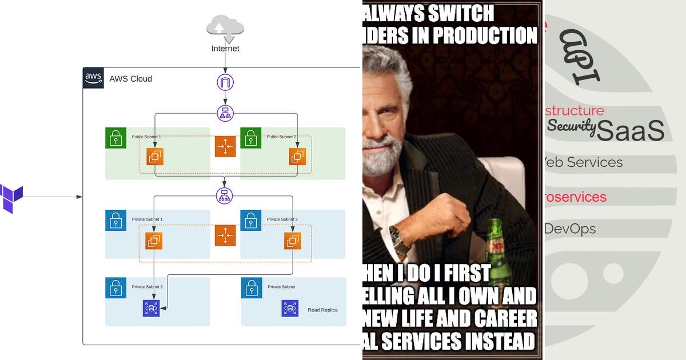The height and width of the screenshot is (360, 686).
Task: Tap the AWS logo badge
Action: pyautogui.click(x=93, y=78)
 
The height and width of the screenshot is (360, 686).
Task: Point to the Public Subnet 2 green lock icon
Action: pyautogui.click(x=250, y=138)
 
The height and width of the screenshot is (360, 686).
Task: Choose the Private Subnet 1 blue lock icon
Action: pyautogui.click(x=115, y=220)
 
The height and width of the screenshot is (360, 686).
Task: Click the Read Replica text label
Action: pyautogui.click(x=322, y=310)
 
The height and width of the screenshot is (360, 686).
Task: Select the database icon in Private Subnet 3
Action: pyautogui.click(x=151, y=309)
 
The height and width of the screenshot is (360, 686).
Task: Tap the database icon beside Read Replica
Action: pyautogui.click(x=290, y=309)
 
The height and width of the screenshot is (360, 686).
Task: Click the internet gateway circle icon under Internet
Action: pyautogui.click(x=225, y=82)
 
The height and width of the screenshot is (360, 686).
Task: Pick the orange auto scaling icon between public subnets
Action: pyautogui.click(x=225, y=147)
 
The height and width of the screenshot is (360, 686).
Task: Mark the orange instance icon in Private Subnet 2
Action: pyautogui.click(x=293, y=241)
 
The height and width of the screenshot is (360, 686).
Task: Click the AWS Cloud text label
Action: pyautogui.click(x=131, y=79)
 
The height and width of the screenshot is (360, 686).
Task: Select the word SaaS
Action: pyautogui.click(x=631, y=130)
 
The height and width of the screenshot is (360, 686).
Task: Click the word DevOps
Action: pyautogui.click(x=569, y=229)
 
